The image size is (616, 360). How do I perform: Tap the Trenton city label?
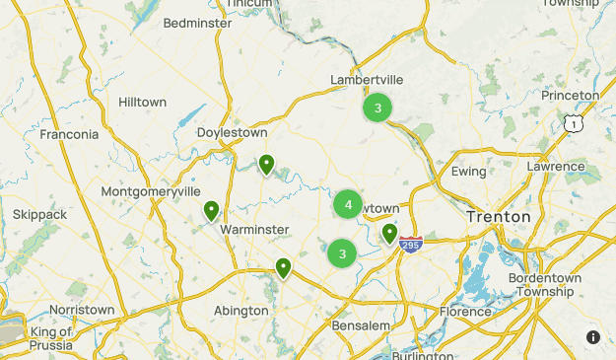point(498,216)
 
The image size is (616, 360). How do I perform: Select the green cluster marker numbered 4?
point(348,204)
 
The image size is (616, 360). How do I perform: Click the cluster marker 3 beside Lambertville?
point(377,108)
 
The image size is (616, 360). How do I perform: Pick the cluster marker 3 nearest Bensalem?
point(342,253)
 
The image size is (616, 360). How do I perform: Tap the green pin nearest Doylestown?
point(266,165)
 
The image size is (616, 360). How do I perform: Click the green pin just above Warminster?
point(211,210)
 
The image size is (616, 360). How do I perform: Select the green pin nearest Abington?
point(284,266)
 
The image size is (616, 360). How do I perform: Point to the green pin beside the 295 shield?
point(390,234)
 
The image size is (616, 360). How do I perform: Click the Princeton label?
point(570,96)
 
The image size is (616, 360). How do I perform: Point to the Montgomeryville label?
point(151,191)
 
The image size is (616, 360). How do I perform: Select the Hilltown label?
point(142,103)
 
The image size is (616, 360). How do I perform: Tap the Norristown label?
point(82,310)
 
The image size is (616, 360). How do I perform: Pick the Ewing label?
point(468,172)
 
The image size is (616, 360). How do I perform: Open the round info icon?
point(593,337)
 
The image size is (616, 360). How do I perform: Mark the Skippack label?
point(39,214)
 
